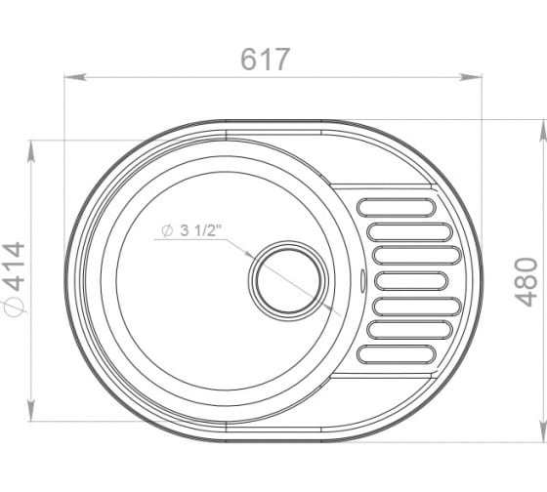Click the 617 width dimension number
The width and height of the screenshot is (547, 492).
pyautogui.click(x=265, y=59)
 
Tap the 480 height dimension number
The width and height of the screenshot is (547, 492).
pyautogui.click(x=526, y=282)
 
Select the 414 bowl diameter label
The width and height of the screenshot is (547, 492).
pyautogui.click(x=14, y=266)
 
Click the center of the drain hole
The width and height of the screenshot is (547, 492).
pyautogui.click(x=288, y=281)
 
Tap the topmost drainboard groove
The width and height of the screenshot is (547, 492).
pyautogui.click(x=397, y=208)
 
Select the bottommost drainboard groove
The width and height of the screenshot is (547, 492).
pyautogui.click(x=397, y=354)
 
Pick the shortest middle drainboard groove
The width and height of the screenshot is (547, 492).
pyautogui.click(x=411, y=281)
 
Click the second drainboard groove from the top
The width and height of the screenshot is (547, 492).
pyautogui.click(x=410, y=232)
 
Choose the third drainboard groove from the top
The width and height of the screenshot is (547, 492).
pyautogui.click(x=417, y=255)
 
